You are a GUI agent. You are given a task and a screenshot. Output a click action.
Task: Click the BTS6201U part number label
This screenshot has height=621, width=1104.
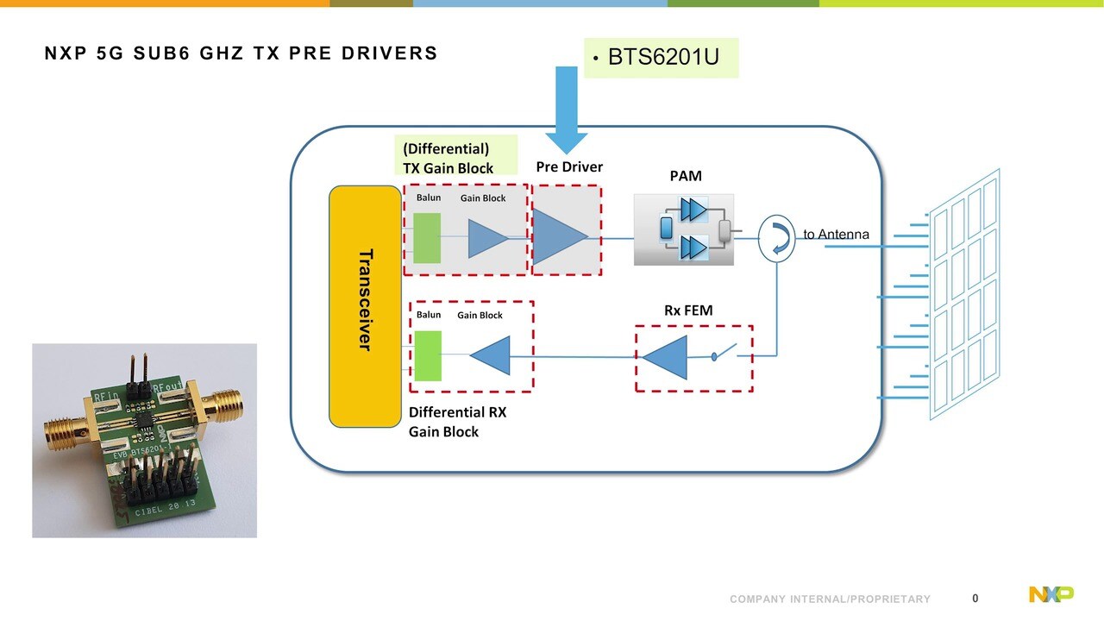(x=662, y=58)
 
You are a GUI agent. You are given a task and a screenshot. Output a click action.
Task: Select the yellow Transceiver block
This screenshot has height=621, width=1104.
(x=366, y=306)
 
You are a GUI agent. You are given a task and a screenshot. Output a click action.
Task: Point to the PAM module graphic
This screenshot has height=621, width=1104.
(x=683, y=229)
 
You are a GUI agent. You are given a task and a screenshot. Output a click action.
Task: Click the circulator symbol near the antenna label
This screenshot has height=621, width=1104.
(x=776, y=240)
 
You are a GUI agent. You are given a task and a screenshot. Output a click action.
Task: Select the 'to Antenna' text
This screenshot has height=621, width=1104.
(x=836, y=235)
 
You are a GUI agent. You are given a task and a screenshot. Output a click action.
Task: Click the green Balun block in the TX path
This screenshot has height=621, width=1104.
(x=427, y=237)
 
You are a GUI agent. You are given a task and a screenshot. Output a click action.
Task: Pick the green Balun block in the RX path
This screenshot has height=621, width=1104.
(x=427, y=355)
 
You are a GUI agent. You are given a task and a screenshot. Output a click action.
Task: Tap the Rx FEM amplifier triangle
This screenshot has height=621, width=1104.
(x=667, y=357)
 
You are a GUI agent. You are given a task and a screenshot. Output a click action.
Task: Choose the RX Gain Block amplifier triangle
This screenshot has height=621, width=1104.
(x=492, y=355)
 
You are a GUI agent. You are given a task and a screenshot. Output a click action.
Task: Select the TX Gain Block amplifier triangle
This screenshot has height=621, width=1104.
(x=487, y=238)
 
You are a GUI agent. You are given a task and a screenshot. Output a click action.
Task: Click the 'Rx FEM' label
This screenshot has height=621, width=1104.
(x=688, y=310)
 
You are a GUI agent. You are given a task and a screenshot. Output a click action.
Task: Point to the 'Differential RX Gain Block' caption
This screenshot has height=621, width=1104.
(x=457, y=422)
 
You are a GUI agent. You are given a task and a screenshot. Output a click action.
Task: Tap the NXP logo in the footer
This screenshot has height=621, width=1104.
(x=1051, y=594)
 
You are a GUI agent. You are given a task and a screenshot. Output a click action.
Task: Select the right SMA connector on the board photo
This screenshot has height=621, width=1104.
(x=226, y=402)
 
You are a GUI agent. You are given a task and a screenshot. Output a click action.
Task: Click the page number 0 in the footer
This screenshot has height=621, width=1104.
(x=975, y=599)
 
